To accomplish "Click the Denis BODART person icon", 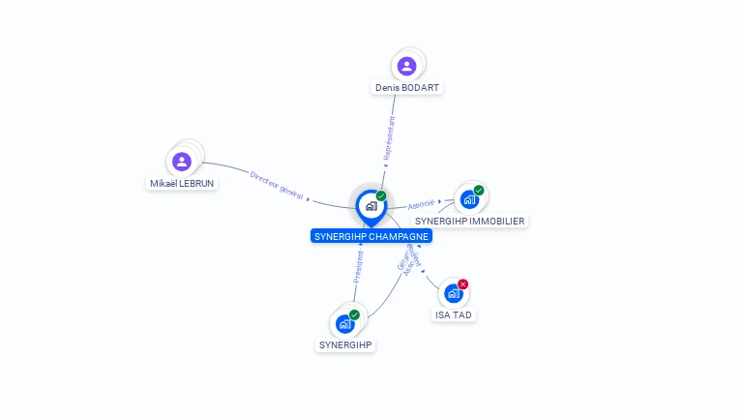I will pos(406,66).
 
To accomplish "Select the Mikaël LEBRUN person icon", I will pos(182,162).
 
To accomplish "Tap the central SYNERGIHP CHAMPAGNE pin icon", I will pos(371,206).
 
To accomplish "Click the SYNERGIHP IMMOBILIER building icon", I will pos(469,200).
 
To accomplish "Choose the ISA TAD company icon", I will pos(454,293).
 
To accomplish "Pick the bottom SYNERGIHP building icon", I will pos(345,324).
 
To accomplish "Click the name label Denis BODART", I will pos(407,88).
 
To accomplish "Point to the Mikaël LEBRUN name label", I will pos(182,183).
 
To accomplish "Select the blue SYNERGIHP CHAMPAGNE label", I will pos(371,236).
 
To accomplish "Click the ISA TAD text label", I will pos(454,315).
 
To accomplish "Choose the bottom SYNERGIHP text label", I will pos(345,345).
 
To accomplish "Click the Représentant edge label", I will pos(390,137).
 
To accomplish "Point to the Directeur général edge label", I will pos(277,186).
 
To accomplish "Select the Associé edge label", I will pos(421,205).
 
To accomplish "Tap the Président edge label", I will pos(358,267).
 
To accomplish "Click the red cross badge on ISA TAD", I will pos(462,284).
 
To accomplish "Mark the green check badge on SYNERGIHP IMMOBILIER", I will pos(478,191).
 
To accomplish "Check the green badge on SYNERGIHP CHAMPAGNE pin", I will pos(381,196).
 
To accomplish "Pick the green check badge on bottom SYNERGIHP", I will pos(354,315).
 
